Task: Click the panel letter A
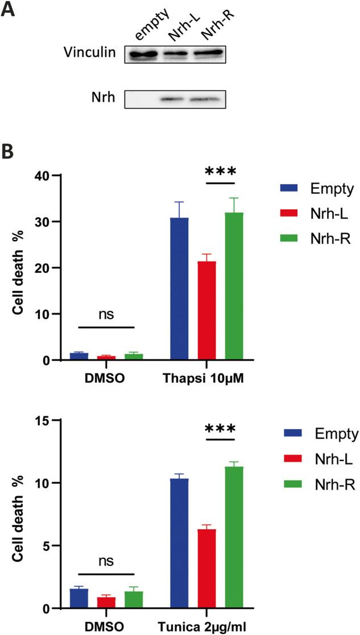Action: tap(9, 10)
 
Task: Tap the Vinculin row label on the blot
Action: tap(89, 53)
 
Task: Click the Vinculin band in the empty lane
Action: tap(141, 55)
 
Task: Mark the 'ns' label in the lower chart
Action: tap(105, 561)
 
